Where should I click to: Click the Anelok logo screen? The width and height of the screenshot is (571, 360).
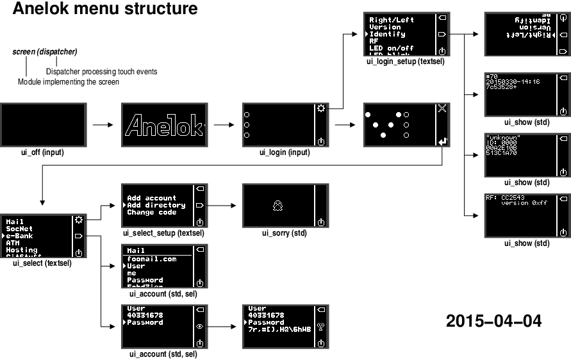(163, 126)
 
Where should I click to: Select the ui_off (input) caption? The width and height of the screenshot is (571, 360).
(42, 152)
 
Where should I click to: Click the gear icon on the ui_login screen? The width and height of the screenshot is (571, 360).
(321, 108)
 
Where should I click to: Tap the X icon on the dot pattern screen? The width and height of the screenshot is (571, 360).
(442, 108)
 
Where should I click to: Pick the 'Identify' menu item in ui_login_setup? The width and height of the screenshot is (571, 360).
(387, 34)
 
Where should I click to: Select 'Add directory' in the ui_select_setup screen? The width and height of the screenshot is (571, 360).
(156, 205)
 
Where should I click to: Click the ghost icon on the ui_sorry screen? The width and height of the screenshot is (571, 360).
(277, 206)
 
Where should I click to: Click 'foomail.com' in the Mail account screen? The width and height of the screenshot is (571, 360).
(151, 259)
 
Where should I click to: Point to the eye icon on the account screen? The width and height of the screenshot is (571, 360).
(200, 326)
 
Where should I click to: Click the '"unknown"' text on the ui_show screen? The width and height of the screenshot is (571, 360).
(503, 137)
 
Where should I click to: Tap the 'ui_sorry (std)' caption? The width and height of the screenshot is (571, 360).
(285, 233)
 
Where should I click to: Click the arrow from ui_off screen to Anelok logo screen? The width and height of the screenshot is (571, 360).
(103, 126)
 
